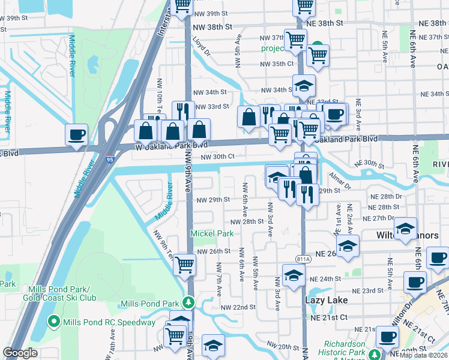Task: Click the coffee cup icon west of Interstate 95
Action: (76, 135)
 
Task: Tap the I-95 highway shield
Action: (109, 159)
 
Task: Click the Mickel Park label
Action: (212, 233)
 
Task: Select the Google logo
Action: (20, 353)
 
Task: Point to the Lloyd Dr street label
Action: (201, 46)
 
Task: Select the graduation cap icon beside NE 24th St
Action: (293, 275)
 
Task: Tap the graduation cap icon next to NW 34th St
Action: (304, 85)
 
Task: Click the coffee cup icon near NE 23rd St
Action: (414, 282)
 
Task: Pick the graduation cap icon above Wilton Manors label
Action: (406, 228)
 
